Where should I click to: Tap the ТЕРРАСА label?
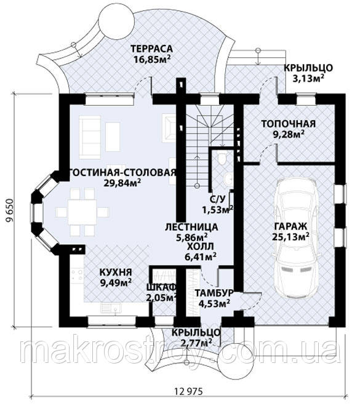pyautogui.click(x=151, y=49)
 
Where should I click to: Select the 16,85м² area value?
pyautogui.click(x=152, y=59)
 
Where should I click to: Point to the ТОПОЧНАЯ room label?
pyautogui.click(x=288, y=124)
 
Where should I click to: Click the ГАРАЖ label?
pyautogui.click(x=290, y=226)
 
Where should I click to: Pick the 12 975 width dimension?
pyautogui.click(x=188, y=391)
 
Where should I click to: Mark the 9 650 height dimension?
pyautogui.click(x=10, y=210)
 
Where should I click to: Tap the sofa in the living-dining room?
pyautogui.click(x=90, y=137)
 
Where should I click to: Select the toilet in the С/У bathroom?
pyautogui.click(x=222, y=158)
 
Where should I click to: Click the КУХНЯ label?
pyautogui.click(x=116, y=273)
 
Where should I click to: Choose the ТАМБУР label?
pyautogui.click(x=214, y=293)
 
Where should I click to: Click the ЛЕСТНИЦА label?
pyautogui.click(x=191, y=227)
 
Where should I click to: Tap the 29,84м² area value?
pyautogui.click(x=122, y=183)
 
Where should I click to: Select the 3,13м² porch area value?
pyautogui.click(x=308, y=78)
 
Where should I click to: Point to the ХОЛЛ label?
pyautogui.click(x=201, y=247)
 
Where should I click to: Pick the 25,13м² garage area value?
pyautogui.click(x=290, y=237)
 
